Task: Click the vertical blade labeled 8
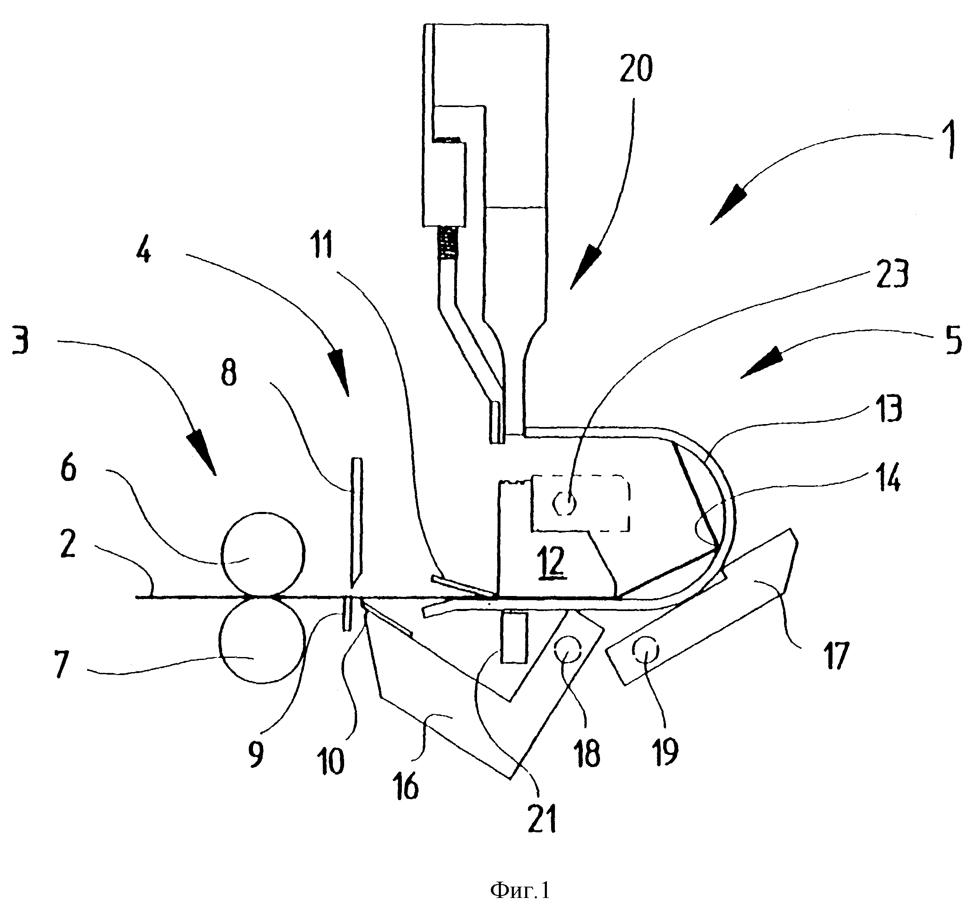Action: pyautogui.click(x=356, y=524)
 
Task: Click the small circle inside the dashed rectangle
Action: pyautogui.click(x=564, y=504)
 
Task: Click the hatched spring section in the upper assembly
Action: pyautogui.click(x=448, y=244)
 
